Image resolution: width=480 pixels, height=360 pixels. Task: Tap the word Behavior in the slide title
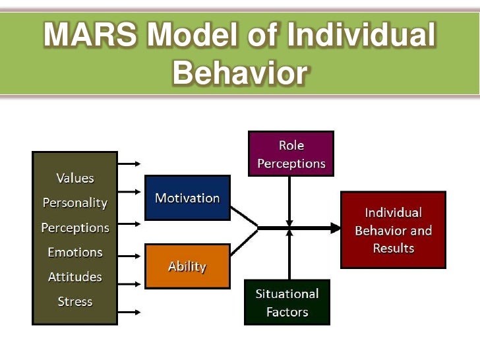239,74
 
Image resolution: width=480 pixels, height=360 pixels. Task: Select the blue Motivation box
187,198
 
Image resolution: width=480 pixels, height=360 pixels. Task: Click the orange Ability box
187,266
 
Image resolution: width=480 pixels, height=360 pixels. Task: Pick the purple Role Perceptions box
291,154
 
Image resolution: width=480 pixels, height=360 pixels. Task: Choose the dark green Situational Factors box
287,303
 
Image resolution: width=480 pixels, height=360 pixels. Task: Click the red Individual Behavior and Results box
393,229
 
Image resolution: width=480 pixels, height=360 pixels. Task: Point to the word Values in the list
75,178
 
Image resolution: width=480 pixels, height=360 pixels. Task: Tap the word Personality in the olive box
75,202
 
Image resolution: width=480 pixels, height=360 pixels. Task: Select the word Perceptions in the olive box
75,227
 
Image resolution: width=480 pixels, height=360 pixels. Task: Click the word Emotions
75,252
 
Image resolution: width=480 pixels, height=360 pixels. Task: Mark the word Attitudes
75,277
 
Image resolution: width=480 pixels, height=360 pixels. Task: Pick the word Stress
75,301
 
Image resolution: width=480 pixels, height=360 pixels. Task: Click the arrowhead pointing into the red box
336,228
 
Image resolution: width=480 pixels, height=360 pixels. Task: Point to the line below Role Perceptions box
289,198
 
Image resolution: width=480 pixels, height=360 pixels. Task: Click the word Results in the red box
393,248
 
